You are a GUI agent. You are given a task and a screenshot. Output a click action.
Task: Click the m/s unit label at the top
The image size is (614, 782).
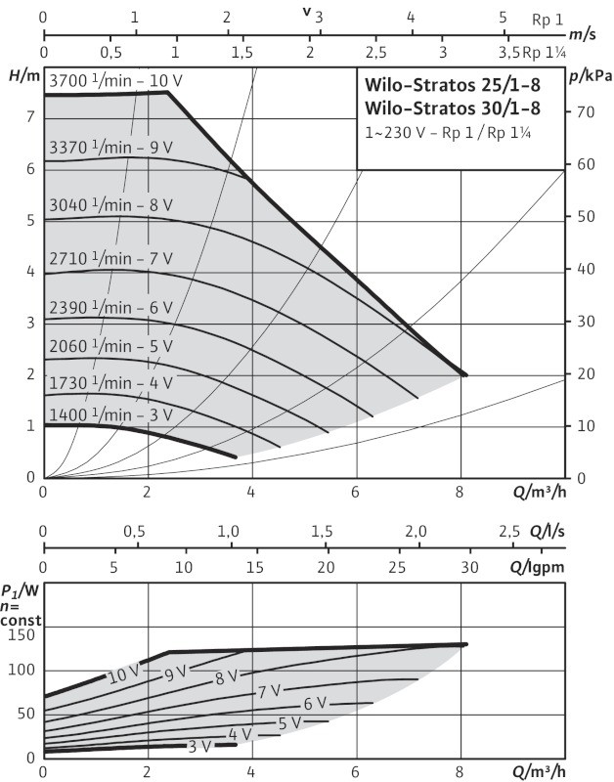tap(583, 34)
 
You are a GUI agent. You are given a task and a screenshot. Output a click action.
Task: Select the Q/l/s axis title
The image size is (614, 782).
tap(548, 532)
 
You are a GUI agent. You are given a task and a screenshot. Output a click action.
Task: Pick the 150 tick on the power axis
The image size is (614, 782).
tap(22, 634)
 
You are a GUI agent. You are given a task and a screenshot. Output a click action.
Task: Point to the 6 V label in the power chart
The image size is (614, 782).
tap(314, 704)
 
